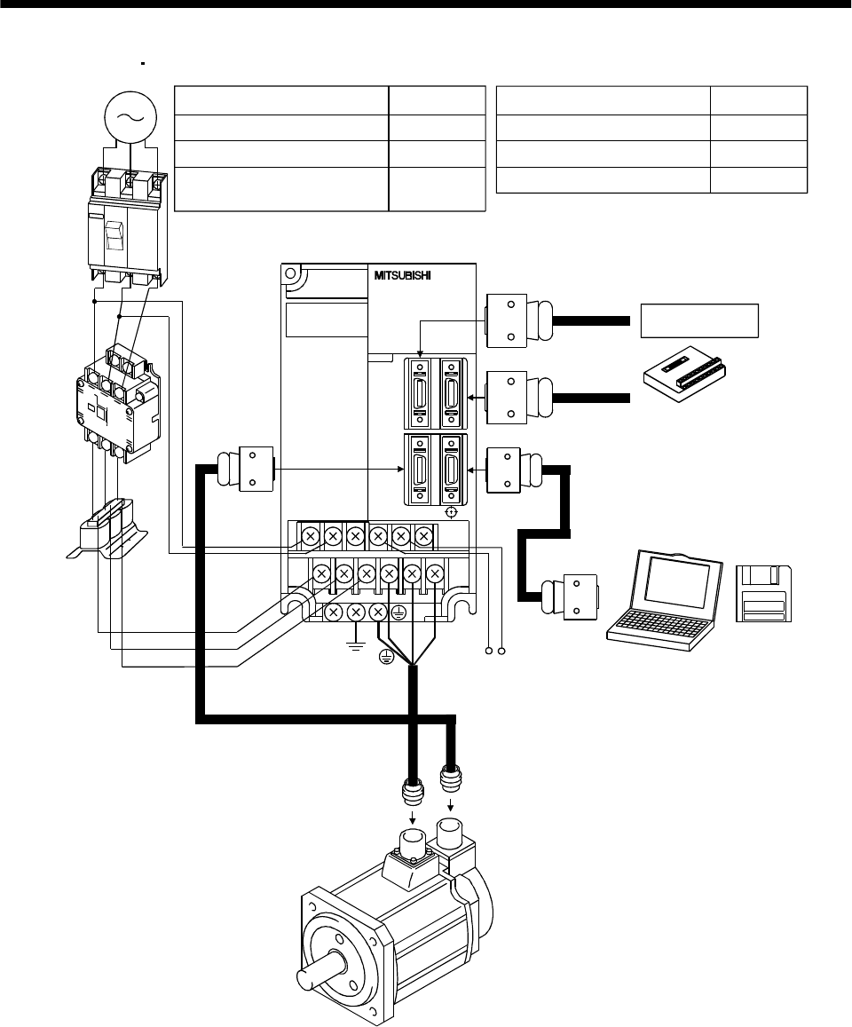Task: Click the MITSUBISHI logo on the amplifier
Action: pos(402,276)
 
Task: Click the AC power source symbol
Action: pos(130,117)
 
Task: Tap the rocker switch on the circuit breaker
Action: pos(114,235)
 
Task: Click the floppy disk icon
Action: pos(763,594)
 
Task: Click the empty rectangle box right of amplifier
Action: pos(699,320)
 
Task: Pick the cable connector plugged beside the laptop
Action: pos(569,596)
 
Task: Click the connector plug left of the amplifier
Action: pos(245,469)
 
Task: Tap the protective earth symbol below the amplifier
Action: pos(386,659)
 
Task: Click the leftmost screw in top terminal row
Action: pos(311,537)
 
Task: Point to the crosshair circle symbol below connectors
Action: pos(451,512)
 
